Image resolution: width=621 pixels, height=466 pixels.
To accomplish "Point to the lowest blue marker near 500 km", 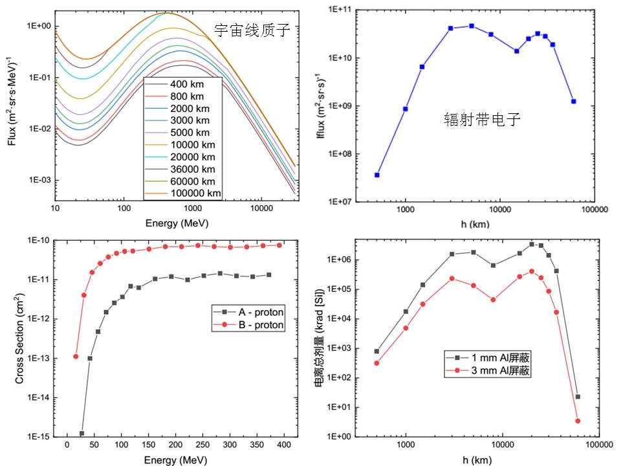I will [377, 175].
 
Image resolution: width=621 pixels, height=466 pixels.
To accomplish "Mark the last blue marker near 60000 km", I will [574, 102].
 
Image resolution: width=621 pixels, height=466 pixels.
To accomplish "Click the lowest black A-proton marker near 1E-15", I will [82, 433].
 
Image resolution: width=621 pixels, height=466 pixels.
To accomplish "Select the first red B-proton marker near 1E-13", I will [76, 357].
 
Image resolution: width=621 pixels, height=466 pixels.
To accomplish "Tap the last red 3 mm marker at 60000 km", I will [578, 421].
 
